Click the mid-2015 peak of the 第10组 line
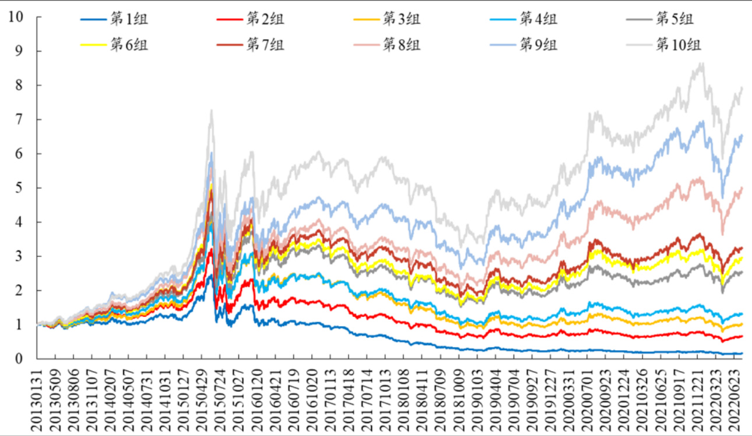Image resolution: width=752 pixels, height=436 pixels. pos(211,110)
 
